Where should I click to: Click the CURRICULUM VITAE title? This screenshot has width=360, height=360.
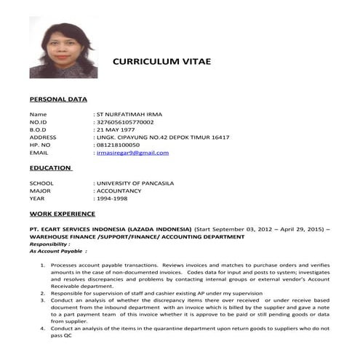161,62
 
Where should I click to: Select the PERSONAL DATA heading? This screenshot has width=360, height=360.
57,99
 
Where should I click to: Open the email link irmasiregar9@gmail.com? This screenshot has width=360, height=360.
132,153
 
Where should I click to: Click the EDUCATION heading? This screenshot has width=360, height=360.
50,168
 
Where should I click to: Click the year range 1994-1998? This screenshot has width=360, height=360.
112,199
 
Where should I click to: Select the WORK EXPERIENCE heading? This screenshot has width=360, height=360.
62,214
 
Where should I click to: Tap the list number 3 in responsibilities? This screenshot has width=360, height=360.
43,300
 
